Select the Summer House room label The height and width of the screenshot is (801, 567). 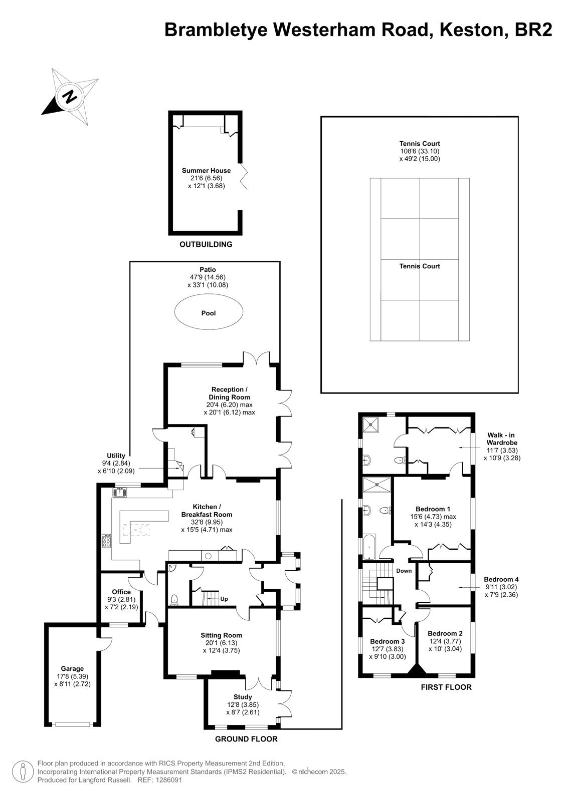coord(207,171)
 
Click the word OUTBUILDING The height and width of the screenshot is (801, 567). coord(206,244)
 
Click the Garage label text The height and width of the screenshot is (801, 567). coord(72,669)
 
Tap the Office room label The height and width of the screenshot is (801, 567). coord(121,592)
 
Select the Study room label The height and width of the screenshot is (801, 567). coord(243,697)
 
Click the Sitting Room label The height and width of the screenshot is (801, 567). coord(222,635)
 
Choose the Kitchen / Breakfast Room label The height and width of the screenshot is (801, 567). coord(207,511)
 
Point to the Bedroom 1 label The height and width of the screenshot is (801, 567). coord(433,509)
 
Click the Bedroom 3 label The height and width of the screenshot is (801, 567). coord(388,641)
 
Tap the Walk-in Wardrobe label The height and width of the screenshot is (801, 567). coord(501,439)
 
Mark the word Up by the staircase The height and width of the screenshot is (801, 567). coord(224,599)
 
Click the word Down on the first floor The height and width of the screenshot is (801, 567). coord(404,571)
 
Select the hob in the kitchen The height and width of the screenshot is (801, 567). coord(106,541)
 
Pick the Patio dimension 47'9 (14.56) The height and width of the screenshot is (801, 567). coord(208,277)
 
